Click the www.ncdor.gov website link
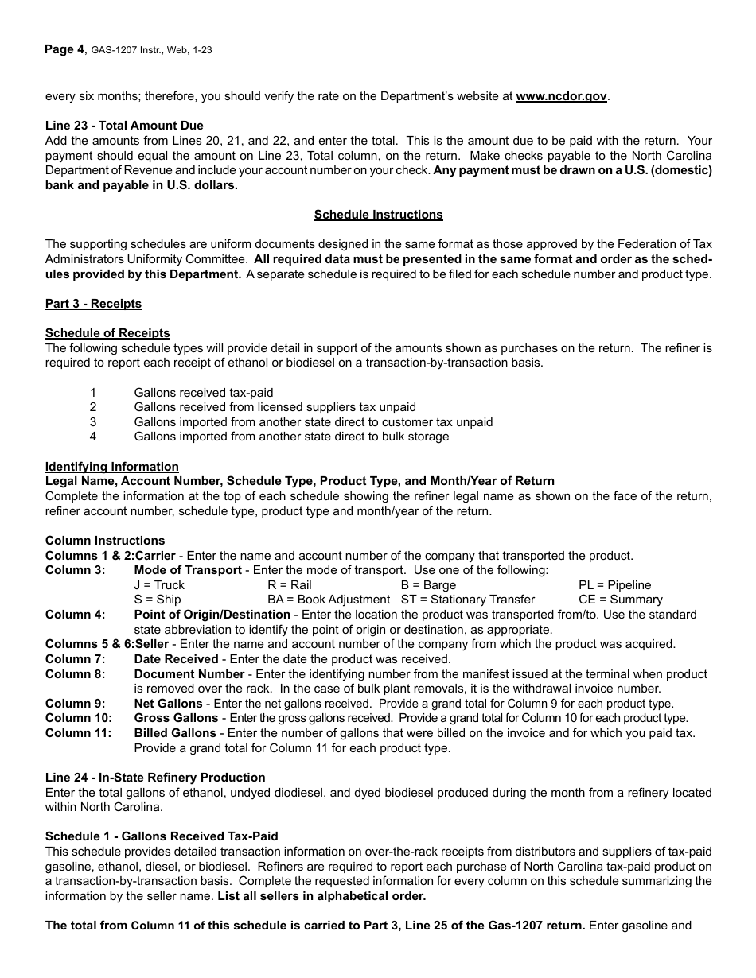[561, 96]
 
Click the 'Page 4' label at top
[64, 49]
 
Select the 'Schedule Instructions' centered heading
[378, 215]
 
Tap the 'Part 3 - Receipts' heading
[93, 304]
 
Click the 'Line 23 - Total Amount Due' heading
[124, 126]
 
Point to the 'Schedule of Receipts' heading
[107, 333]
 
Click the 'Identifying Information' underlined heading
[111, 467]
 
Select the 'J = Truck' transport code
[159, 585]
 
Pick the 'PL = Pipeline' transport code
[614, 585]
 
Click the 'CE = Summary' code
[620, 600]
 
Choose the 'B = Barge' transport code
[428, 585]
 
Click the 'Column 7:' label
[75, 659]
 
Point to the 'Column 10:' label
[78, 718]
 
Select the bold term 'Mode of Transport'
[188, 570]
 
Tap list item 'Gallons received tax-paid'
[204, 393]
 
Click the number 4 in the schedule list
[93, 437]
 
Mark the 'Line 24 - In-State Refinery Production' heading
[155, 778]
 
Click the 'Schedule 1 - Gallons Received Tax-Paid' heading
[162, 836]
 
